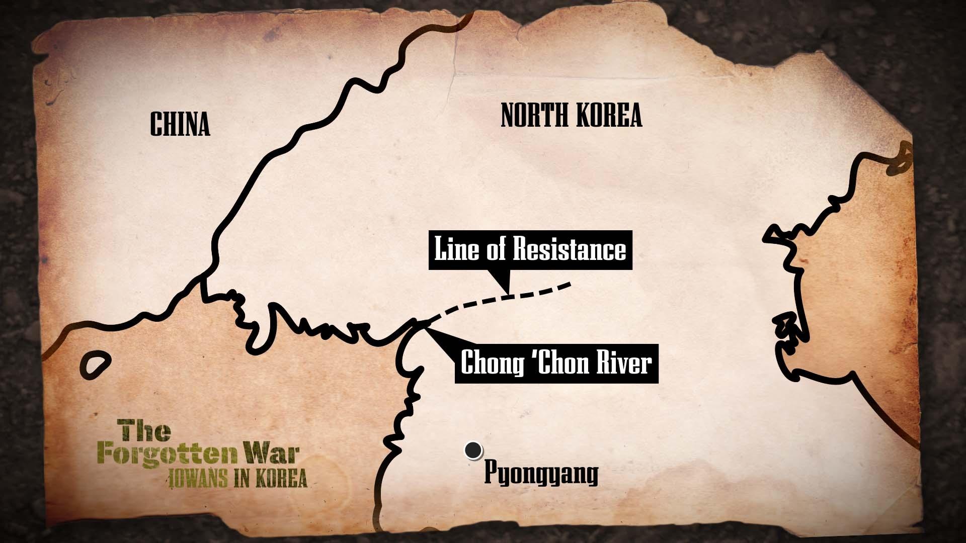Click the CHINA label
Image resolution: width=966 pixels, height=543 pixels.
[x=180, y=124]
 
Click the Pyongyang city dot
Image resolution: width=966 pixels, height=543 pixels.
[x=472, y=450]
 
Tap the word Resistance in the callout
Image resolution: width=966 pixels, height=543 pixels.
[x=569, y=250]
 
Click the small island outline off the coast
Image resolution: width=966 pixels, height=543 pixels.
[x=96, y=364]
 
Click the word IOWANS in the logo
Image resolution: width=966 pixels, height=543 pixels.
[x=198, y=479]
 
